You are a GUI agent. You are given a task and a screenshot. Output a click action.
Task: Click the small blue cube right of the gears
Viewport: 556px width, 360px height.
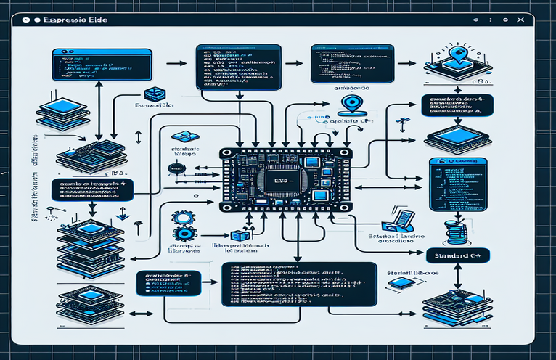(237, 237)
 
